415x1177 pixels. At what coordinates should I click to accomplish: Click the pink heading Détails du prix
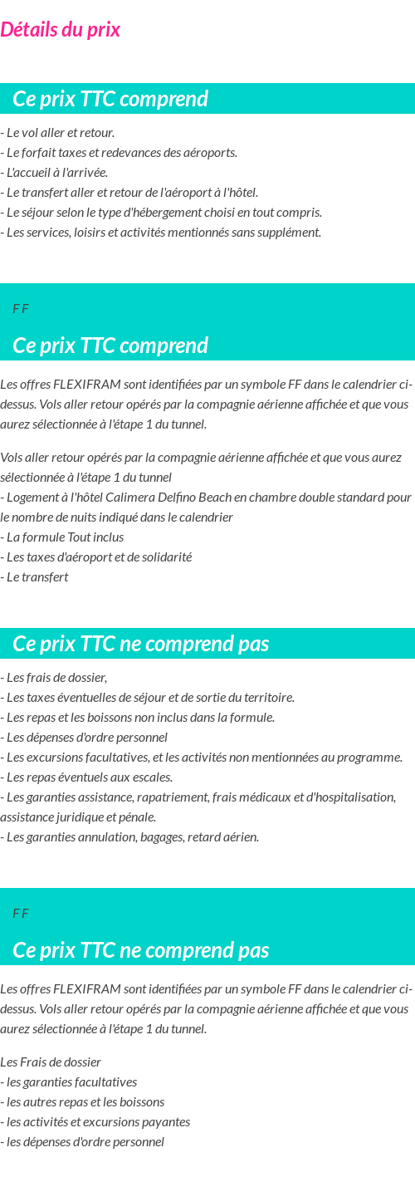(x=60, y=30)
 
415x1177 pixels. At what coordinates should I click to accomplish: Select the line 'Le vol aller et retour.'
(x=58, y=133)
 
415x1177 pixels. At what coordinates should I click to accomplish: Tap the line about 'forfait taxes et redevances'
(x=120, y=153)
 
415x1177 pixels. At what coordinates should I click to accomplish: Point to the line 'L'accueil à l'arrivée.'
(x=55, y=173)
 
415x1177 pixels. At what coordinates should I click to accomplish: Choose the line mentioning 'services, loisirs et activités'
(x=161, y=233)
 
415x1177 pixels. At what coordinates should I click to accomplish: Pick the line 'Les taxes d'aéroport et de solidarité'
(x=96, y=557)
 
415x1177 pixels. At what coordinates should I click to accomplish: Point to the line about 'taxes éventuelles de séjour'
(x=148, y=698)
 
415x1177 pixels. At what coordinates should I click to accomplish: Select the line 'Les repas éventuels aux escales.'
(x=86, y=777)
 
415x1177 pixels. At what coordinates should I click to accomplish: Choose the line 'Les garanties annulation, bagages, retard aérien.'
(x=129, y=837)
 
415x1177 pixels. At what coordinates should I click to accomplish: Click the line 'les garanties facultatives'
(x=69, y=1082)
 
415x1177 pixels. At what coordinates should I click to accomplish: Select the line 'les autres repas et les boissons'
(x=82, y=1102)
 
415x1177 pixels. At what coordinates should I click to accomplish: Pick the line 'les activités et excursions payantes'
(x=95, y=1122)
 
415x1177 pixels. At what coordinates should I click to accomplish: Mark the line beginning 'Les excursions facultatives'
(x=201, y=758)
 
